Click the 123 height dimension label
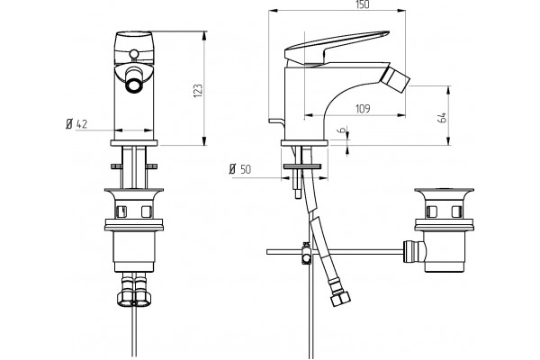click(198, 91)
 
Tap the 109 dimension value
click(363, 109)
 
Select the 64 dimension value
click(442, 117)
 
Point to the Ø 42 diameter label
click(76, 123)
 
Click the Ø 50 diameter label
click(240, 169)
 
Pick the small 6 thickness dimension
click(342, 130)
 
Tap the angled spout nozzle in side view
click(395, 79)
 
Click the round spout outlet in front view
click(133, 85)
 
